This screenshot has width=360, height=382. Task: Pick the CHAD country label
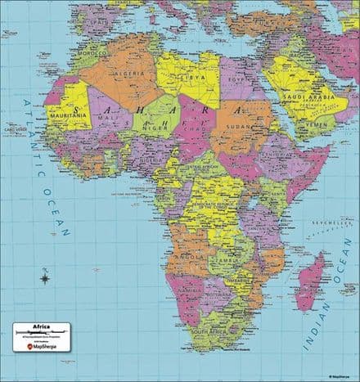click(x=191, y=129)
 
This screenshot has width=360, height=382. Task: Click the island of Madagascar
click(x=309, y=282)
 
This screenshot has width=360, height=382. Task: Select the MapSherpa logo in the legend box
click(x=41, y=346)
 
